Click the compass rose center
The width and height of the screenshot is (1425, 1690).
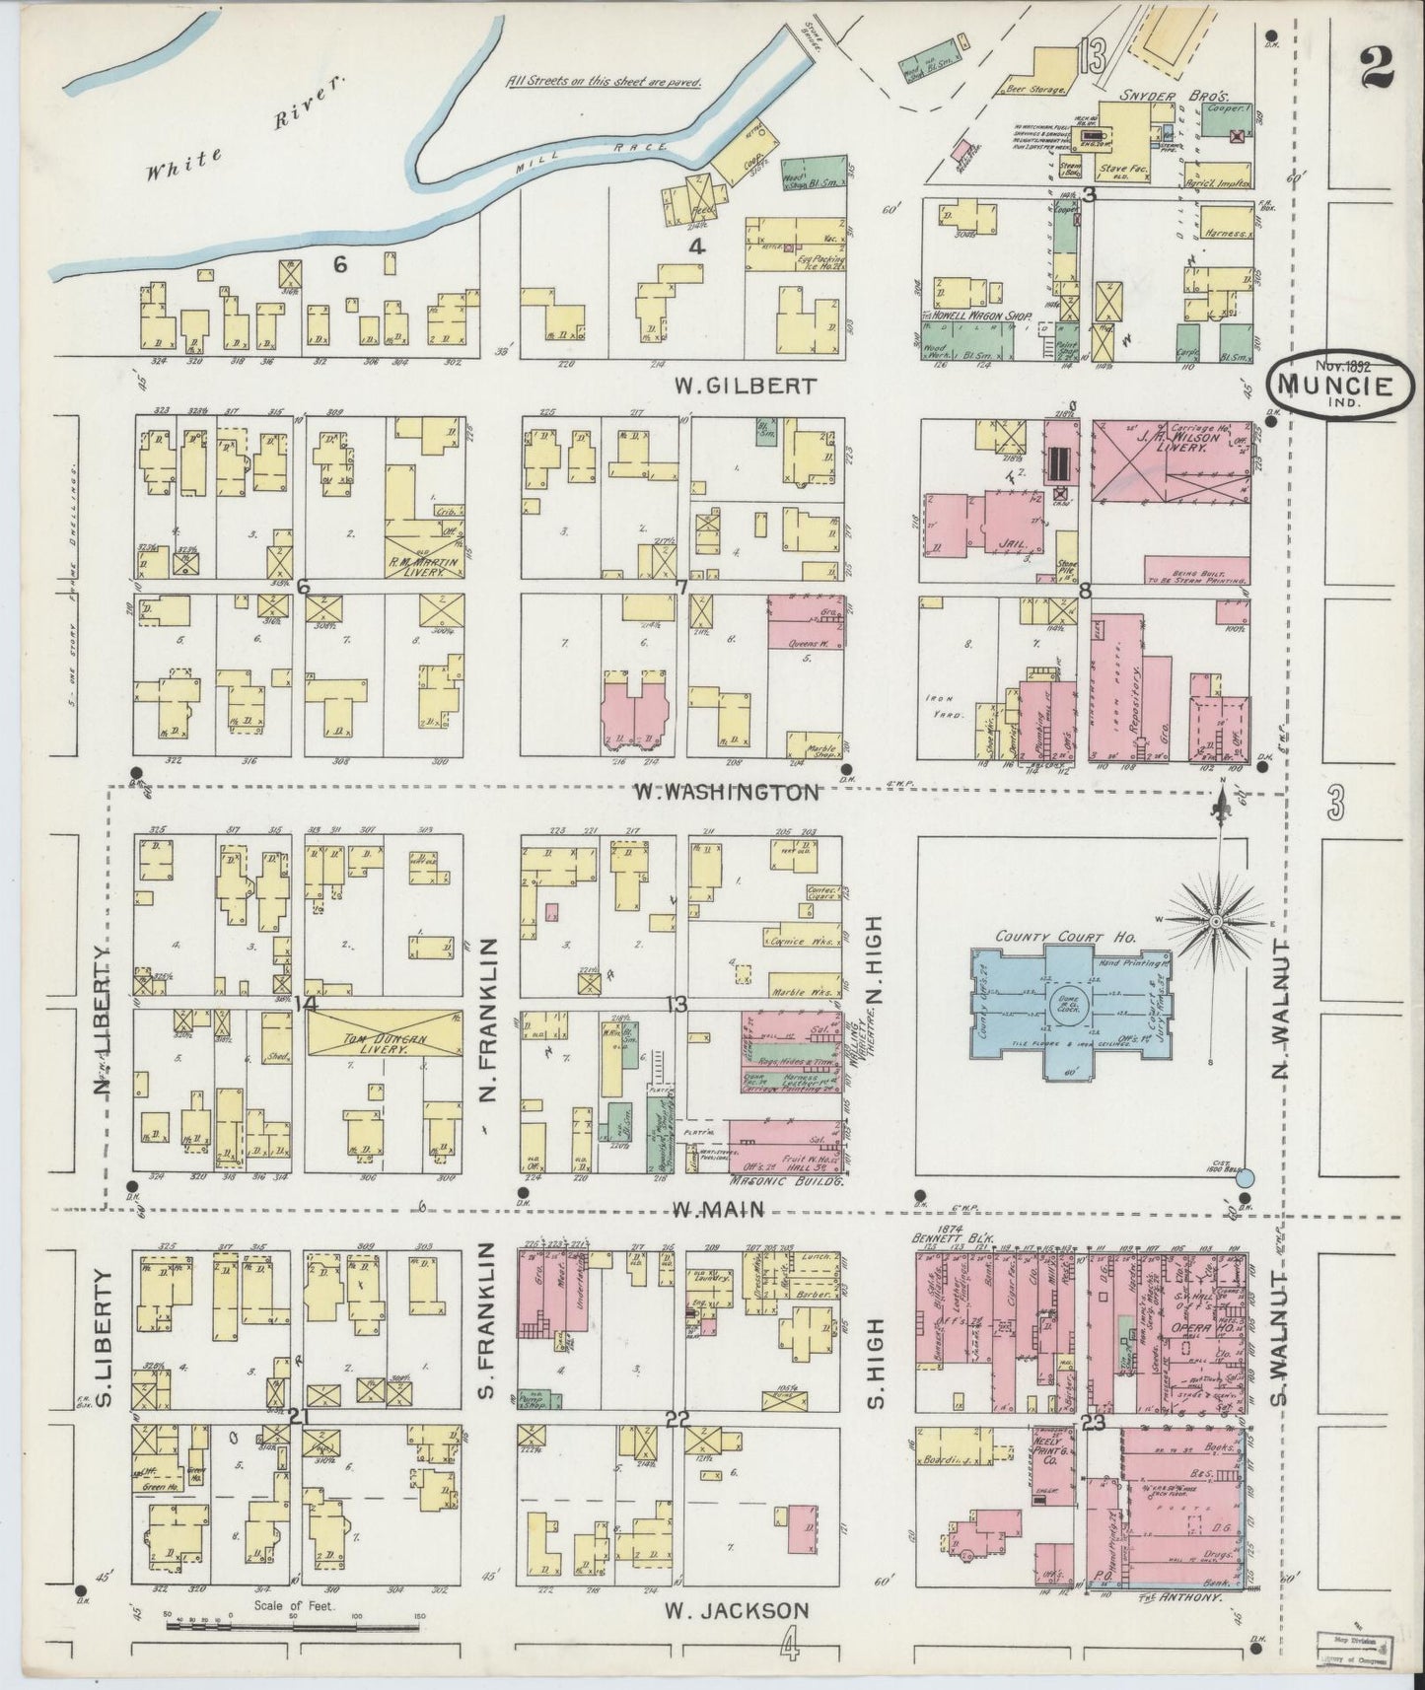(1217, 921)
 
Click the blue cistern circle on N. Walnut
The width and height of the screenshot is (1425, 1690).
(1245, 1176)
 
